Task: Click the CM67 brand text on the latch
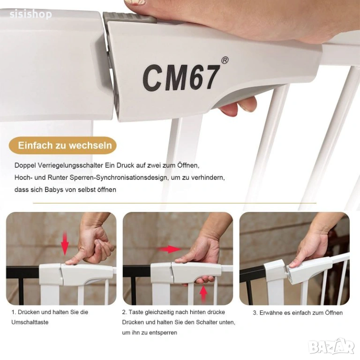coord(181,78)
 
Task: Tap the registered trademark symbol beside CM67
coord(225,60)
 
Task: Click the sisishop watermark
coord(31,14)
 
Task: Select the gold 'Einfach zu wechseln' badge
coord(63,145)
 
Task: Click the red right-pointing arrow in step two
coord(169,249)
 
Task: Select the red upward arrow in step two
coord(203,293)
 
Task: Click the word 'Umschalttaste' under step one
coord(30,322)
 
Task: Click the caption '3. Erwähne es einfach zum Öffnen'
coord(298,313)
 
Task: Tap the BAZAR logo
coord(331,346)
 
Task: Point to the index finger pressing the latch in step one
coord(74,261)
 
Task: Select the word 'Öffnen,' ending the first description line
coord(188,165)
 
